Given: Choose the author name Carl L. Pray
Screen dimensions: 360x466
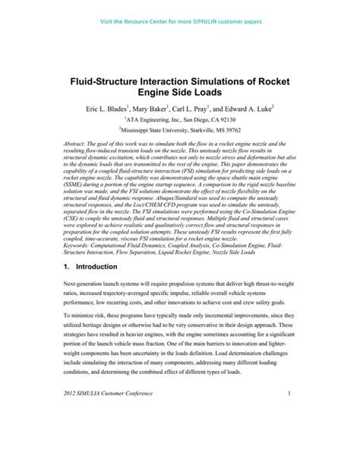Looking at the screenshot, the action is [197, 109].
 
